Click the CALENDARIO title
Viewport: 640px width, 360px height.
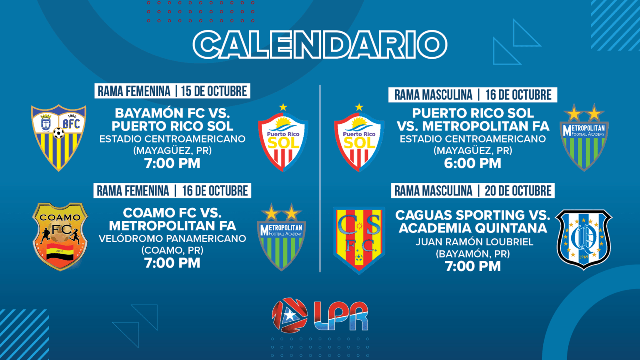(x=320, y=45)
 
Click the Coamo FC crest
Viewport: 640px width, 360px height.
(x=60, y=237)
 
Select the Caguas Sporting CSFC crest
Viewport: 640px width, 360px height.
(x=359, y=240)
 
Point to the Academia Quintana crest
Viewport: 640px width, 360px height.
(x=584, y=240)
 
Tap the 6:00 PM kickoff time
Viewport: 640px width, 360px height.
(x=472, y=163)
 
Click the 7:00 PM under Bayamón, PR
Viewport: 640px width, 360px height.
(x=473, y=266)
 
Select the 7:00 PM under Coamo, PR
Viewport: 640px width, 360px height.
(x=172, y=263)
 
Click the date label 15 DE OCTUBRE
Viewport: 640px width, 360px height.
(x=214, y=91)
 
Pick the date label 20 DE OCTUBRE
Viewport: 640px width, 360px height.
(x=518, y=190)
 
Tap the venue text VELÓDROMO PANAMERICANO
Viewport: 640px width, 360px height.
(x=172, y=239)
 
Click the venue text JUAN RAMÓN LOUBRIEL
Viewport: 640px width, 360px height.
(x=474, y=242)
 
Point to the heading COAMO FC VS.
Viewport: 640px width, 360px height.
(x=172, y=213)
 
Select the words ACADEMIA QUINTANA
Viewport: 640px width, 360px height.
(x=473, y=228)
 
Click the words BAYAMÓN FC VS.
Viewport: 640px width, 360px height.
(x=172, y=113)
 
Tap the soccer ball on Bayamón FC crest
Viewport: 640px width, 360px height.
(x=59, y=133)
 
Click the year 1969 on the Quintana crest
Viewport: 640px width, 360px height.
(x=583, y=257)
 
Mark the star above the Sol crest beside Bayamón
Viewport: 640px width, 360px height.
(x=283, y=107)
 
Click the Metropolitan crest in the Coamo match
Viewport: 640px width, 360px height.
(x=282, y=237)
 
